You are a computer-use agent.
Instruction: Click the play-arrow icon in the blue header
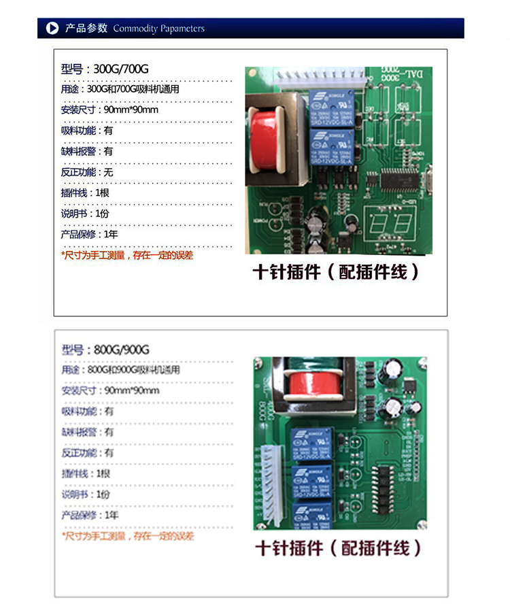click(52, 28)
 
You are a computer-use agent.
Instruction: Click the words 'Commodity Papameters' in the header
click(158, 29)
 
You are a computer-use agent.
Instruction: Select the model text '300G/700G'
click(121, 69)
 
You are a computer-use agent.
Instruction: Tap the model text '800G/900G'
click(122, 350)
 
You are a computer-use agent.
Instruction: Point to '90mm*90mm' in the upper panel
click(131, 110)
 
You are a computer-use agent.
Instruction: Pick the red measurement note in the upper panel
click(127, 255)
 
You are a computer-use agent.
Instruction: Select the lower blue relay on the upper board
click(331, 147)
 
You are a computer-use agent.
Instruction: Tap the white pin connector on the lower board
click(271, 477)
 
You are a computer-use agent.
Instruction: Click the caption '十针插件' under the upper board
click(286, 272)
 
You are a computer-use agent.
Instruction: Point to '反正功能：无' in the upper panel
click(87, 172)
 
